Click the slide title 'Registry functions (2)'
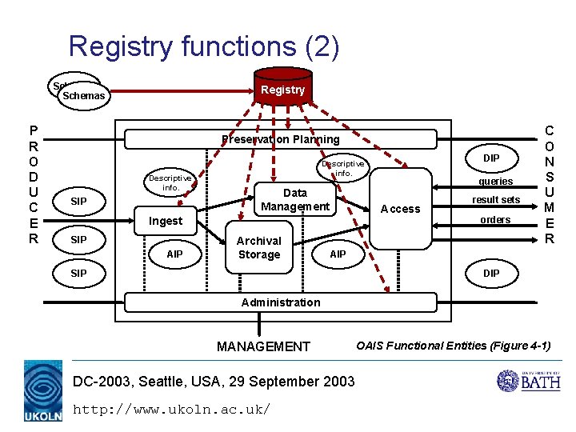[x=204, y=46]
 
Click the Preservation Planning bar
[x=280, y=139]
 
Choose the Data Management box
[x=294, y=200]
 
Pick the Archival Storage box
[x=258, y=248]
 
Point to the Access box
[x=401, y=209]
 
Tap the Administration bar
[x=280, y=302]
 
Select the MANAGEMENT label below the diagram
[x=263, y=346]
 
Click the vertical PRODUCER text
[x=33, y=184]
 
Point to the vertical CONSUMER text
[x=549, y=184]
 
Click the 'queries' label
[x=496, y=182]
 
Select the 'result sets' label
[x=496, y=199]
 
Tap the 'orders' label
[x=495, y=219]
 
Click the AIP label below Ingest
[x=174, y=254]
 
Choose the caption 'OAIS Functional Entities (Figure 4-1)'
[x=453, y=346]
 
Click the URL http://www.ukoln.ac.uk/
[x=171, y=410]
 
